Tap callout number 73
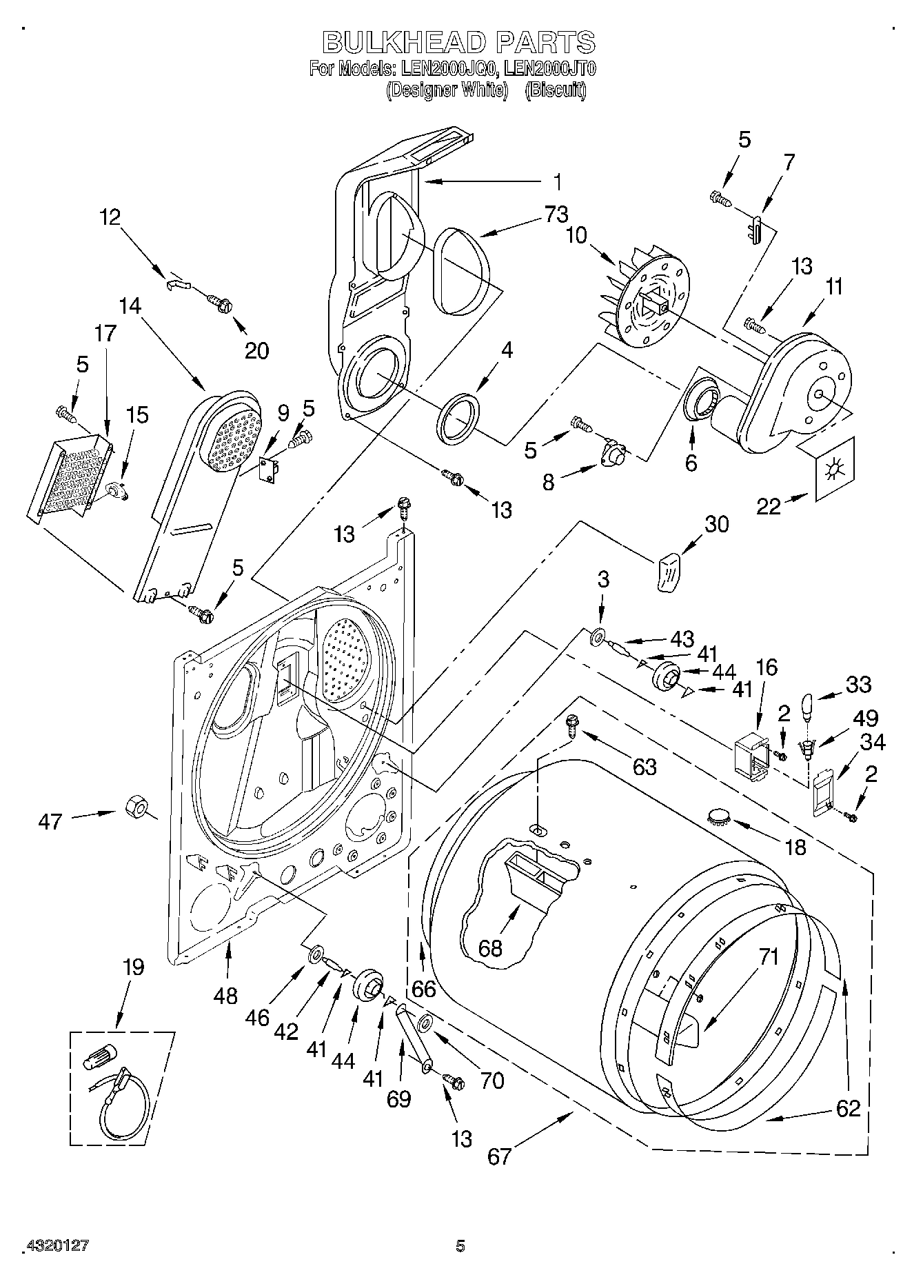pos(558,215)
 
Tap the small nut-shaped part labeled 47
pos(136,805)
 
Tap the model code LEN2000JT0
pos(549,69)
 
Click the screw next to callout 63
pos(572,724)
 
